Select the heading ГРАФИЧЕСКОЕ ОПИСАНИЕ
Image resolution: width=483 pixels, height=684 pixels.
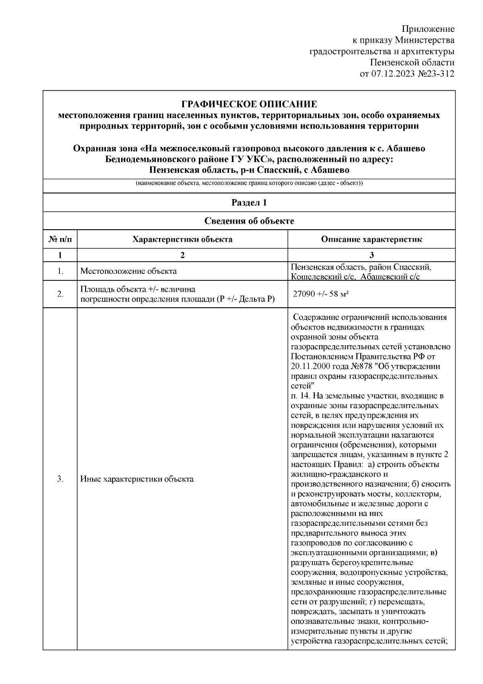click(249, 104)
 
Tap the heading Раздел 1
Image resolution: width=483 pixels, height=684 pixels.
click(249, 202)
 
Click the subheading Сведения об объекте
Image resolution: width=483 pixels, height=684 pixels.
click(249, 221)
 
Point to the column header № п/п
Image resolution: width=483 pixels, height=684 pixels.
click(60, 239)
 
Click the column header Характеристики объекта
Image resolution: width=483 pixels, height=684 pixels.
click(182, 239)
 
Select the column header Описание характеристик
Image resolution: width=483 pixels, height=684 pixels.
click(372, 239)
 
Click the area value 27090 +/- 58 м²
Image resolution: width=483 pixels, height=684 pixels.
click(320, 294)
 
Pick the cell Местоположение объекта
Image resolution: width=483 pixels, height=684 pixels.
click(128, 271)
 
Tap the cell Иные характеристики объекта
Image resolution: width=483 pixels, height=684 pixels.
click(137, 479)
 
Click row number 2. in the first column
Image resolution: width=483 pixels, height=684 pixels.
click(60, 294)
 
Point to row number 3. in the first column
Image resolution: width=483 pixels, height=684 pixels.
click(60, 479)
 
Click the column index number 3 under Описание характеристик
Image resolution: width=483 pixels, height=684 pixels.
click(372, 255)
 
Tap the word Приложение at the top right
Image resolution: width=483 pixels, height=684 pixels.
click(428, 29)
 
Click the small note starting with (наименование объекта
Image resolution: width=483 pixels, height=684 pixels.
click(249, 184)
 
